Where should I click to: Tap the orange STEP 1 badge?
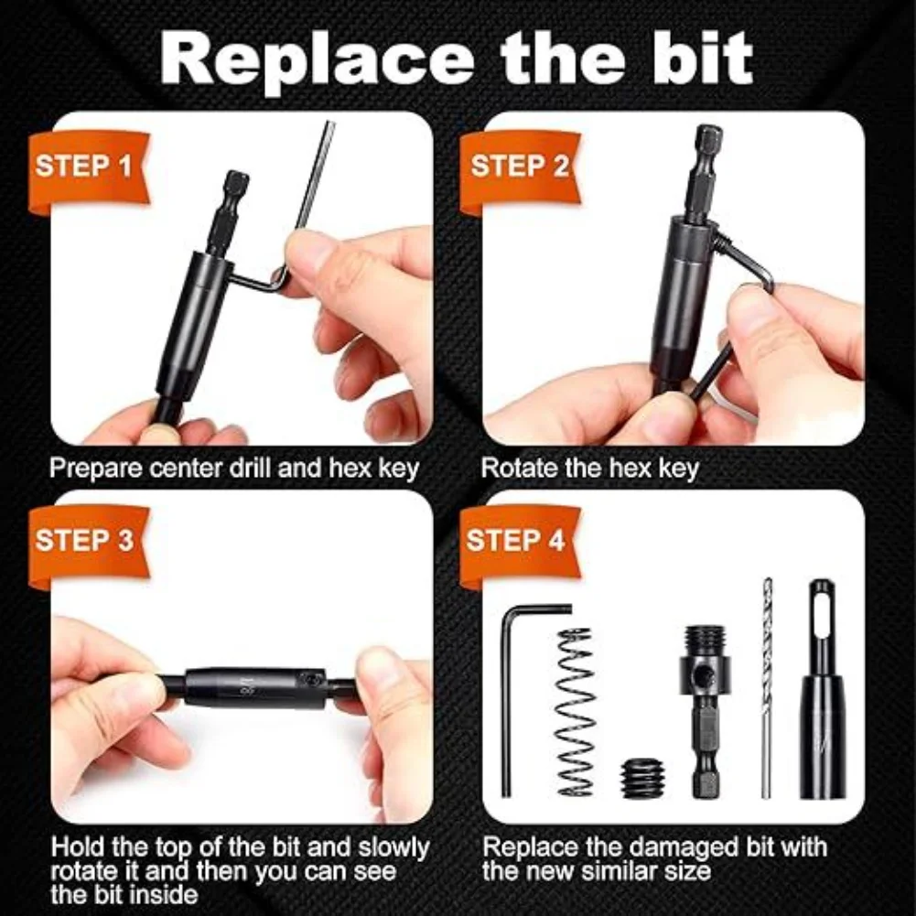84,167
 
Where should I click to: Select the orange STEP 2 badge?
519,167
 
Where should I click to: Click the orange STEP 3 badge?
84,541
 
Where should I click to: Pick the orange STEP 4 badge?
515,541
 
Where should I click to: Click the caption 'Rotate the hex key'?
589,469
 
